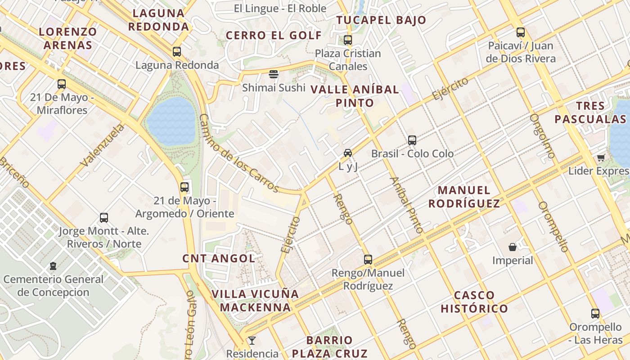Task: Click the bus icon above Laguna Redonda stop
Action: coord(177,52)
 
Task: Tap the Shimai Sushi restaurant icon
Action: coord(274,74)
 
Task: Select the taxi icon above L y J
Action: coord(348,153)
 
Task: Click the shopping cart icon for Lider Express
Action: coord(601,157)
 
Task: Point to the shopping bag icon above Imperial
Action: coord(512,247)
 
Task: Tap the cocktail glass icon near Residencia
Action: coord(252,340)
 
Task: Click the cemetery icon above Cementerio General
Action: coord(53,266)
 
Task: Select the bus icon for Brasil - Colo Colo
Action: coord(412,140)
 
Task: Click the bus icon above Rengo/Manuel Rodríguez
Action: coord(368,259)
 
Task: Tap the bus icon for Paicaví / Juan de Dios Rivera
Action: coord(521,32)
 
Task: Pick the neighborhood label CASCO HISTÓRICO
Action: coord(474,302)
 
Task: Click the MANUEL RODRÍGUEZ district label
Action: coord(464,197)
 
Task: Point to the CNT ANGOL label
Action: coord(219,258)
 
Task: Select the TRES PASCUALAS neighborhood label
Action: coord(590,112)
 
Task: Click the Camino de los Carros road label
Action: coord(238,153)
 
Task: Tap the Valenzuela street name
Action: coord(102,145)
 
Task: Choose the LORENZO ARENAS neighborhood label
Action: coord(68,38)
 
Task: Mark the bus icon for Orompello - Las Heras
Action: coord(595,314)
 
